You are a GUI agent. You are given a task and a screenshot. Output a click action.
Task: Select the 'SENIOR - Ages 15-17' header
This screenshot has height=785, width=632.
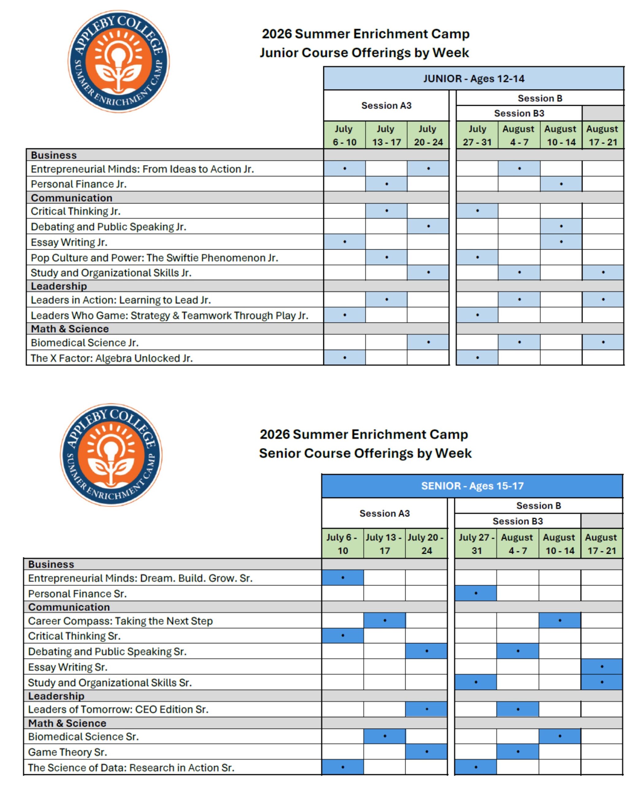(472, 486)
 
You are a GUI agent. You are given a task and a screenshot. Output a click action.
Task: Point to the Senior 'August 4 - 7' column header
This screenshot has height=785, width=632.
(517, 544)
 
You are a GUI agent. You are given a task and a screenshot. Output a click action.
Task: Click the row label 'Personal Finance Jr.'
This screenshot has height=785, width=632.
(79, 184)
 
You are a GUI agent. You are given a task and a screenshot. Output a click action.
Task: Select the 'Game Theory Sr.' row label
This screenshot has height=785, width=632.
(67, 752)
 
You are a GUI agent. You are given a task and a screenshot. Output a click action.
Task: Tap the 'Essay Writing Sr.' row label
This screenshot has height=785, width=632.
(68, 667)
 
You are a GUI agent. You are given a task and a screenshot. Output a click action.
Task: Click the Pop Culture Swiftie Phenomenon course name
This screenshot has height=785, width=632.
(154, 258)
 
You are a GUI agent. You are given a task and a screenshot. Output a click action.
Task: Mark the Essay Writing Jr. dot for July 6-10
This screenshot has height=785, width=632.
(344, 242)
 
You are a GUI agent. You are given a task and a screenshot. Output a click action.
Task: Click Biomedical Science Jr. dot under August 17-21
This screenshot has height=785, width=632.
(603, 342)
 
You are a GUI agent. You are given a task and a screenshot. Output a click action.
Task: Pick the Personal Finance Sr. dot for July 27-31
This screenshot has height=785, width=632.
(475, 593)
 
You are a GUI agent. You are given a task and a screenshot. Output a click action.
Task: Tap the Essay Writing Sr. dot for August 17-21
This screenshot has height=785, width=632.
(601, 667)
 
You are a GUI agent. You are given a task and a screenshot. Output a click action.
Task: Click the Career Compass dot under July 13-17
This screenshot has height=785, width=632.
(385, 620)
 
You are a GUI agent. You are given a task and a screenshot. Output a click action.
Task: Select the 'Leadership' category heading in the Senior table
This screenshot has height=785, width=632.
(56, 696)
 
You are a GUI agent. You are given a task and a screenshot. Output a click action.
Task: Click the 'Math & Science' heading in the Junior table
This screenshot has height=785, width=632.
(70, 329)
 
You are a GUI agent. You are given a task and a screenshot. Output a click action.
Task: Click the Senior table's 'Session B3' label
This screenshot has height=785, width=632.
(517, 521)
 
